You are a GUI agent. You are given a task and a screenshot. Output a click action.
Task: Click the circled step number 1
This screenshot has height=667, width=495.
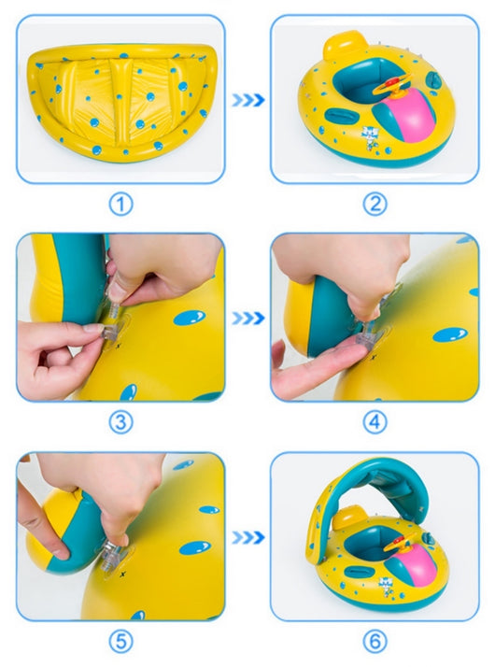(120, 205)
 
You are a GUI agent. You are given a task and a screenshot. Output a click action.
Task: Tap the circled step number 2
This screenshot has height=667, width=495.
(375, 205)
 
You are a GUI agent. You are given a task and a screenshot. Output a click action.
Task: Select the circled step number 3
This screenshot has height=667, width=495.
(120, 422)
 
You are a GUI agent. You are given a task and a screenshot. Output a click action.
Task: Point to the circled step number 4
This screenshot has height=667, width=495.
(375, 422)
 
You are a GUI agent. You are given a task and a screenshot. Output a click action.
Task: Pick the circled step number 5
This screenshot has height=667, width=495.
(120, 642)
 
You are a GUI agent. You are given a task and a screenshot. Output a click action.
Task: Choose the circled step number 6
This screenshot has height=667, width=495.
(375, 642)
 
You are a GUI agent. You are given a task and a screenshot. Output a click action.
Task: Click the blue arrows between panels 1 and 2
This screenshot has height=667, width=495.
(248, 100)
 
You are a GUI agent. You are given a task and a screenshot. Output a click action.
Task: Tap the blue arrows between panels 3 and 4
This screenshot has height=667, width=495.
(248, 319)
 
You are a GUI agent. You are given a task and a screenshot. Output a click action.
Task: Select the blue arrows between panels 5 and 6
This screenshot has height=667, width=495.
(248, 538)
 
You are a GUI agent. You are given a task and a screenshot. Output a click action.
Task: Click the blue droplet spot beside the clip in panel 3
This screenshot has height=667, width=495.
(190, 318)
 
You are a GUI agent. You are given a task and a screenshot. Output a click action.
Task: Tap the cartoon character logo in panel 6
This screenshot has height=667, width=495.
(386, 586)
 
